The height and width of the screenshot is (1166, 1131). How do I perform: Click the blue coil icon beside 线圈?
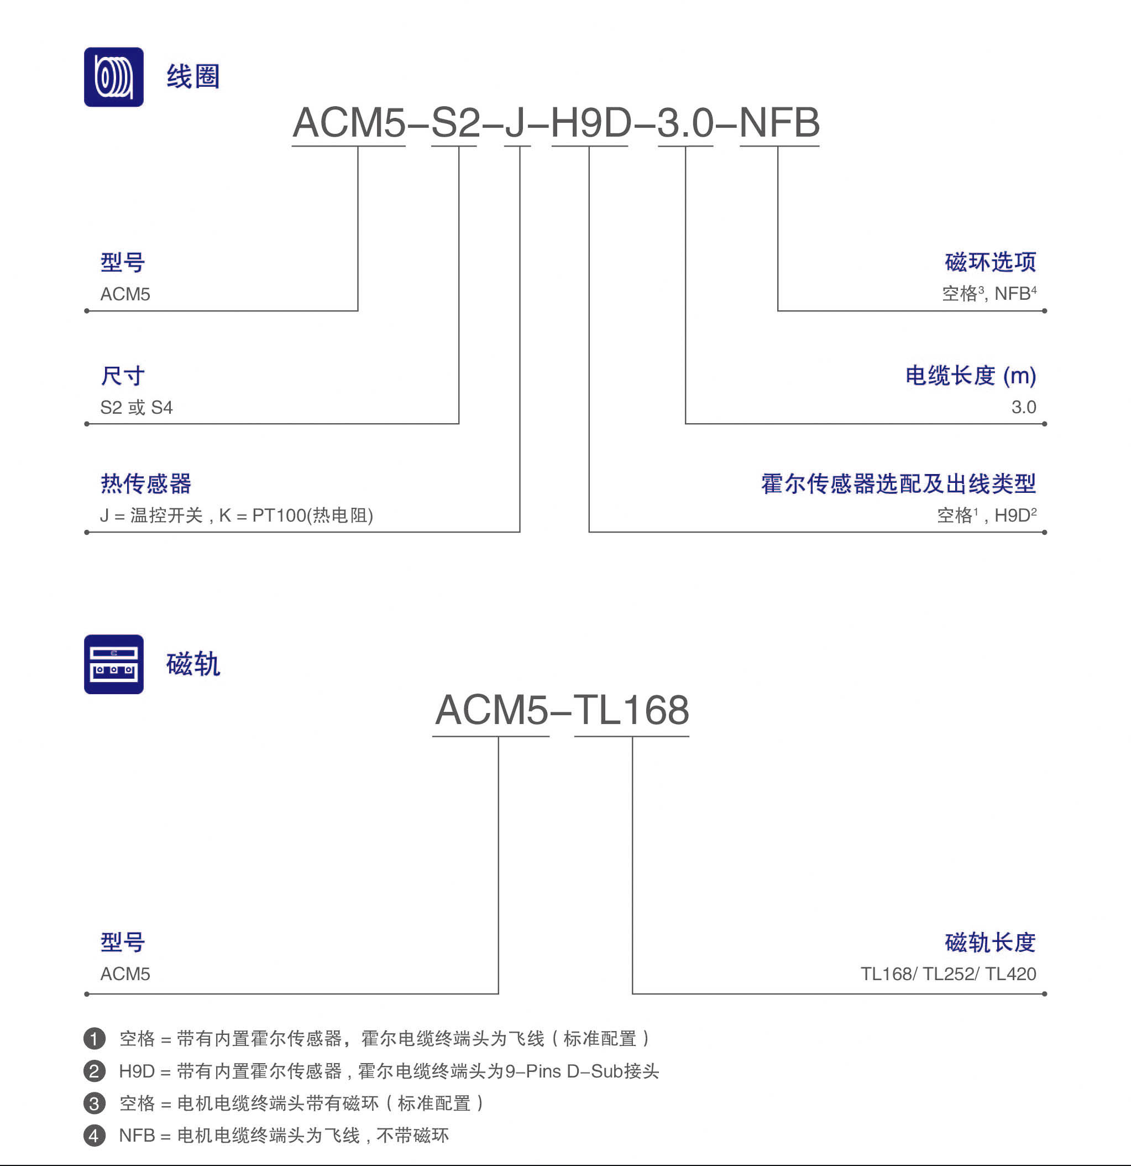pos(113,77)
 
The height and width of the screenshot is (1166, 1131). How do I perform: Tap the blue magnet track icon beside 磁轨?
pos(113,664)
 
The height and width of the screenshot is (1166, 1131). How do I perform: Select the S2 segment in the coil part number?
pos(455,123)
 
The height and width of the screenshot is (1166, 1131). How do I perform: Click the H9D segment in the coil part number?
pos(590,123)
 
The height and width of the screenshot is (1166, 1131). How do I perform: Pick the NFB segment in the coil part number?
pos(779,123)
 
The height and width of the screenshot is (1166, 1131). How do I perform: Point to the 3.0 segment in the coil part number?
pos(685,123)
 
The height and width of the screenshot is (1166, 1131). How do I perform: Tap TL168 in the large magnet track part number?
pos(631,710)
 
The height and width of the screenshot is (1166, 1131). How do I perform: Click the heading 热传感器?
pos(146,483)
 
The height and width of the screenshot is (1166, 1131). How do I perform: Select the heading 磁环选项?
pos(990,262)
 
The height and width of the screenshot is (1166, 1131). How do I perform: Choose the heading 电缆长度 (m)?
pos(971,376)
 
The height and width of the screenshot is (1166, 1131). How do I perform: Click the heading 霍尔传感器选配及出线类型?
pos(898,483)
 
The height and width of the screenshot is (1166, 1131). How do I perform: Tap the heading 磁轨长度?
pos(990,943)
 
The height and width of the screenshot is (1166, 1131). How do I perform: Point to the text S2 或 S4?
pos(136,408)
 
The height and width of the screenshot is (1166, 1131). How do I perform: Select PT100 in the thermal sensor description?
pos(279,515)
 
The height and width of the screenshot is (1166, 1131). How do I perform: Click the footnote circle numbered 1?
pos(95,1039)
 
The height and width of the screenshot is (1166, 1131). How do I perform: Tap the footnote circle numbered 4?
pos(95,1136)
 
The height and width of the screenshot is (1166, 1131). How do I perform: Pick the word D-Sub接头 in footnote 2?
pos(613,1071)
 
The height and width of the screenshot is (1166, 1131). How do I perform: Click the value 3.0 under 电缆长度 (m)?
pos(1023,408)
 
